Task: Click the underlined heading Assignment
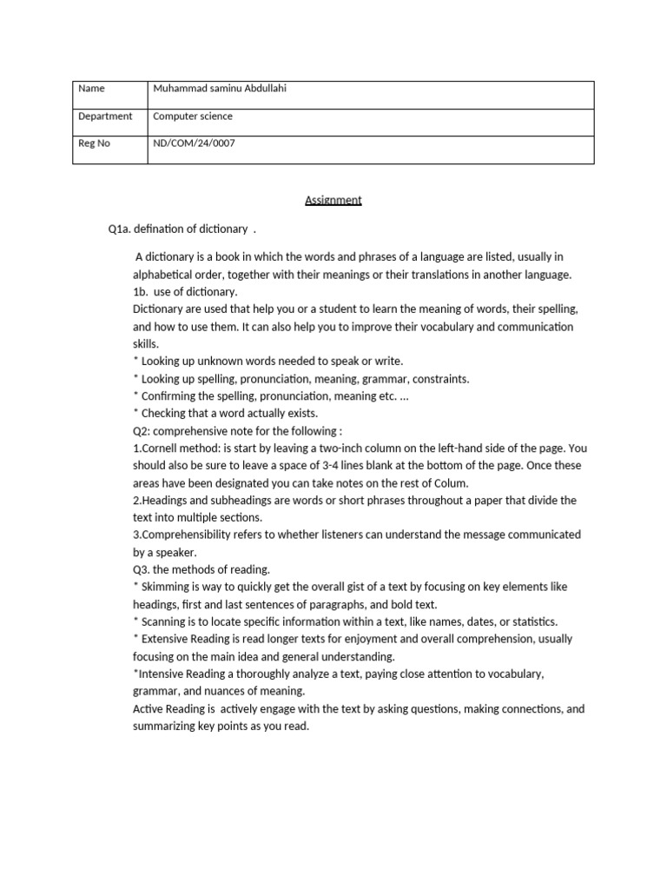(x=333, y=201)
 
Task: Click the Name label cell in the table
(x=90, y=88)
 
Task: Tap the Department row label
(x=105, y=116)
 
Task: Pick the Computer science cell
(x=193, y=116)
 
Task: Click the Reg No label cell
(x=94, y=143)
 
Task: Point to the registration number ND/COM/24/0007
(x=194, y=143)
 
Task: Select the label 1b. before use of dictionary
(x=140, y=292)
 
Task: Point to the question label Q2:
(x=142, y=431)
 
